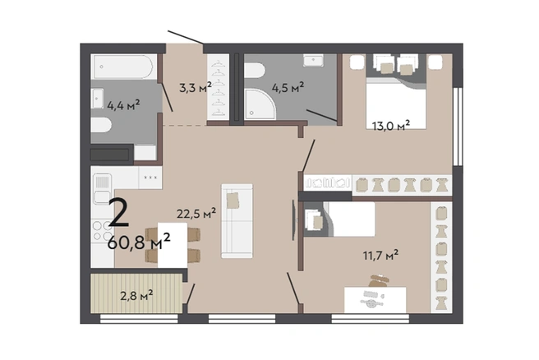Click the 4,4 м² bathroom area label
[123, 105]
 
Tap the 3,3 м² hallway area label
[196, 87]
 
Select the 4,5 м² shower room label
[288, 87]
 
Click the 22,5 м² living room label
[196, 213]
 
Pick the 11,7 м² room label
[381, 255]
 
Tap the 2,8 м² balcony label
[136, 295]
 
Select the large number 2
[119, 213]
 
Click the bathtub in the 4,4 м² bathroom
[123, 67]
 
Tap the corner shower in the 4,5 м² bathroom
[260, 104]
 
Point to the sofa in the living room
[237, 221]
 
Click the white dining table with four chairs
[173, 245]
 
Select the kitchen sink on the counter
[102, 189]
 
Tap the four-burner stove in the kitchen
[103, 230]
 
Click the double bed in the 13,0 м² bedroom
[396, 104]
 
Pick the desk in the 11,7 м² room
[375, 300]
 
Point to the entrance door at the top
[186, 37]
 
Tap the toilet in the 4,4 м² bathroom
[101, 125]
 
